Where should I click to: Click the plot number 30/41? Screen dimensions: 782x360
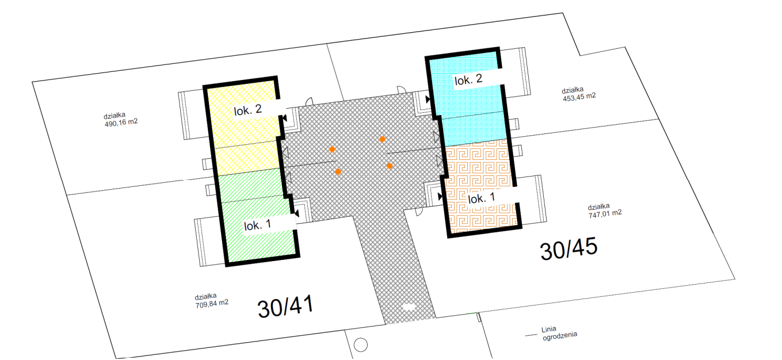click(285, 307)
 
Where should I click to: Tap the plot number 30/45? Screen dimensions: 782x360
click(569, 248)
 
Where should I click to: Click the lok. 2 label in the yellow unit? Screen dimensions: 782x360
click(248, 110)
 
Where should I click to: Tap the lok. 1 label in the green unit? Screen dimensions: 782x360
click(258, 225)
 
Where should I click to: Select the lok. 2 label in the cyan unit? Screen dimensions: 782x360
click(468, 79)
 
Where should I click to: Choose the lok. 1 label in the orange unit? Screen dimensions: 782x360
click(482, 198)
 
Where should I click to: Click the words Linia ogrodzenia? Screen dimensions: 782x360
click(559, 333)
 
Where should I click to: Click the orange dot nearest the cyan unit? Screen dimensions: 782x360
click(383, 139)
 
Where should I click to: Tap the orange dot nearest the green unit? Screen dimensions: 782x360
click(338, 171)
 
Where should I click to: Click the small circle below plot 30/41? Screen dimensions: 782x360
click(361, 345)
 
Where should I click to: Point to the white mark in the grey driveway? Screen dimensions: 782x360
click(408, 307)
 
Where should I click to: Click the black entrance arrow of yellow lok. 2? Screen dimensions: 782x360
click(285, 118)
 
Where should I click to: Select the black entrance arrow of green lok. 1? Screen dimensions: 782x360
click(297, 213)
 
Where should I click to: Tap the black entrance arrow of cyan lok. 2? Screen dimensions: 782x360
click(428, 99)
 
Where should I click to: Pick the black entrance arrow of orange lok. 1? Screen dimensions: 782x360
click(440, 197)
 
